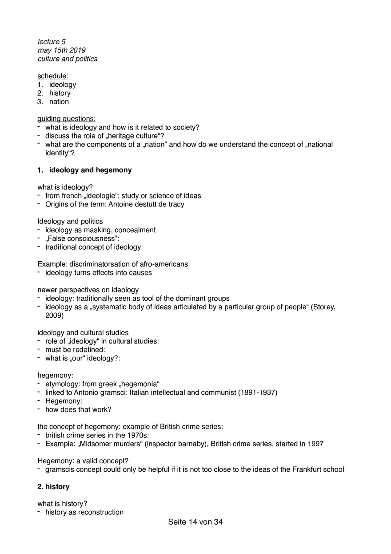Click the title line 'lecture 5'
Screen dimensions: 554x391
52,42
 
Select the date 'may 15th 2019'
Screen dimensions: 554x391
61,50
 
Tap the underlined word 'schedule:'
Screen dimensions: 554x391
53,76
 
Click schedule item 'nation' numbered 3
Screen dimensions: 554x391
59,101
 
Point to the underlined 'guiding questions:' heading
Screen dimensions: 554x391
66,119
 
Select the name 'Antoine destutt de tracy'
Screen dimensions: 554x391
145,204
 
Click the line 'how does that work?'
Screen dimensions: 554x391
78,409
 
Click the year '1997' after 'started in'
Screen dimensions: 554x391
315,444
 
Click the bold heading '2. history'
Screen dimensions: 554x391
53,487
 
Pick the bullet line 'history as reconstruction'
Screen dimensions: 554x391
84,512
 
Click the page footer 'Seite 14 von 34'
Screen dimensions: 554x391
195,522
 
